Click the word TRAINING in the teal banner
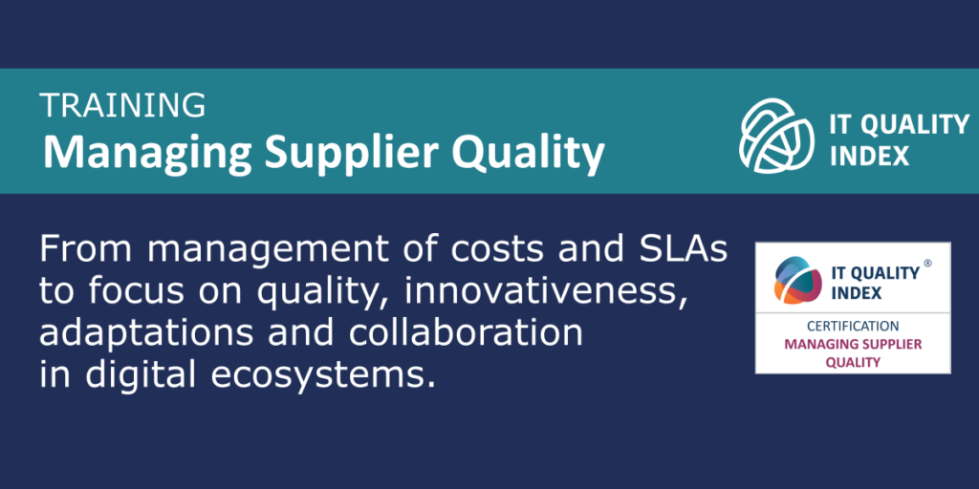pos(122,105)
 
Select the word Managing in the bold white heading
pos(148,153)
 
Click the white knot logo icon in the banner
pos(776,136)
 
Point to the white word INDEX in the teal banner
pos(868,157)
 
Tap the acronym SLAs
pos(683,250)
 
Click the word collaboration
pos(466,334)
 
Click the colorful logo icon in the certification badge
pos(797,279)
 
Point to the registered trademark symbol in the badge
pos(927,264)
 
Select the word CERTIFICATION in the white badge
pos(853,327)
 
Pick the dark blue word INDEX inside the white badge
pos(855,292)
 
